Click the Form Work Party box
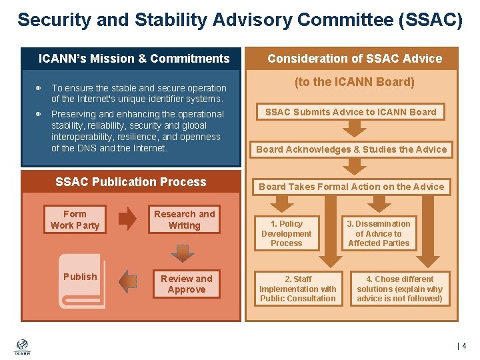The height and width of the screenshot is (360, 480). coord(75,220)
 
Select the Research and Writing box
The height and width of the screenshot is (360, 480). coord(184,220)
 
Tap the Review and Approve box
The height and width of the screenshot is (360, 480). coord(186,284)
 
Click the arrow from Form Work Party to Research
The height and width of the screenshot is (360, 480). coord(127,219)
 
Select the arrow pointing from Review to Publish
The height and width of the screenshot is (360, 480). coord(127,281)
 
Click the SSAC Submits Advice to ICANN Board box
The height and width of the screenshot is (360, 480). coord(351,112)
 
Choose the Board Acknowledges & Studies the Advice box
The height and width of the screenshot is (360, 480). coord(351,149)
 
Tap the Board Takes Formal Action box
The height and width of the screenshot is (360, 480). coord(351,187)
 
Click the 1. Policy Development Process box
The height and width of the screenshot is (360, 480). coord(287,233)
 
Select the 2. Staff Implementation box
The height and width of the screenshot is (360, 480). coord(297,289)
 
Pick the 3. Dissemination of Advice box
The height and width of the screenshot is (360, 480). coord(379,233)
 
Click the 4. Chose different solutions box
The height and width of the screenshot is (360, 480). coord(399,289)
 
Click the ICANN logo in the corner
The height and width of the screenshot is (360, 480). coord(22,346)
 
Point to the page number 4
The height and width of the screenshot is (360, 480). coord(463,346)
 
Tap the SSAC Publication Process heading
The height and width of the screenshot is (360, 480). coord(131,182)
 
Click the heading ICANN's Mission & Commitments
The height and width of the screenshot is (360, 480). coord(134,59)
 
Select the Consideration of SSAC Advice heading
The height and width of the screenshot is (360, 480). coord(355,59)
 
